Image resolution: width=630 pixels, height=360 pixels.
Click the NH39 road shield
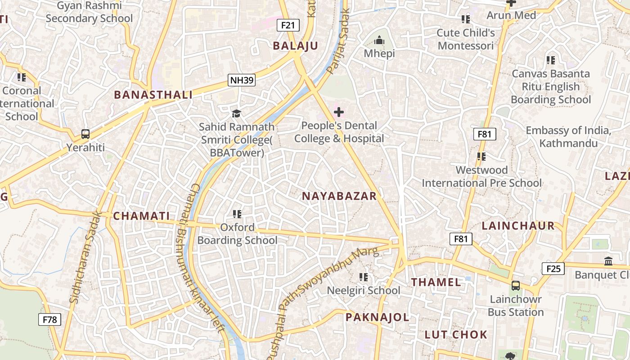(x=242, y=81)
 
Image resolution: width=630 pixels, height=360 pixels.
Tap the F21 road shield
(x=288, y=25)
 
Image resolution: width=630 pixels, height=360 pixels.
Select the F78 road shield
(x=49, y=319)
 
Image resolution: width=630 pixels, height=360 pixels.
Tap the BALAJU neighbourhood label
(x=295, y=45)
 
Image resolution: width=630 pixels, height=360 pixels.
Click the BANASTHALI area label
(x=153, y=95)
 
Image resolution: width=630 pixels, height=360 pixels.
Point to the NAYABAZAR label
(x=339, y=196)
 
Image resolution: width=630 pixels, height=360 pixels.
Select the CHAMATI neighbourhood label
(x=141, y=216)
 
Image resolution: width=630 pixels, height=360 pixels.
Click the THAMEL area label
(x=436, y=282)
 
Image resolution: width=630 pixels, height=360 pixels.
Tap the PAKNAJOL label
(x=377, y=317)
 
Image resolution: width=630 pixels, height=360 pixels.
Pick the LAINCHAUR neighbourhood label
(x=518, y=226)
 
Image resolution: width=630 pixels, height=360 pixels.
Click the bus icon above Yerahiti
(x=85, y=134)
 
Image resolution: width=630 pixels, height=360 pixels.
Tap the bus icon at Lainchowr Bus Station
(x=515, y=285)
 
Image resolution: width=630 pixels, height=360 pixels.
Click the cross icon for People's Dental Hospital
(x=339, y=112)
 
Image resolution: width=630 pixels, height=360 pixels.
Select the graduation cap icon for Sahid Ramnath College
(x=236, y=113)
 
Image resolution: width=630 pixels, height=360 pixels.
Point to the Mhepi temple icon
(x=379, y=41)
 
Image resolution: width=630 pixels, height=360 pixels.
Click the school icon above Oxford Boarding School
(x=237, y=214)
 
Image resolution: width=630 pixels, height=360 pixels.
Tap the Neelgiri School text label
(x=363, y=291)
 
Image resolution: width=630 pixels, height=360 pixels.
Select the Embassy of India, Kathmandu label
(x=568, y=137)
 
